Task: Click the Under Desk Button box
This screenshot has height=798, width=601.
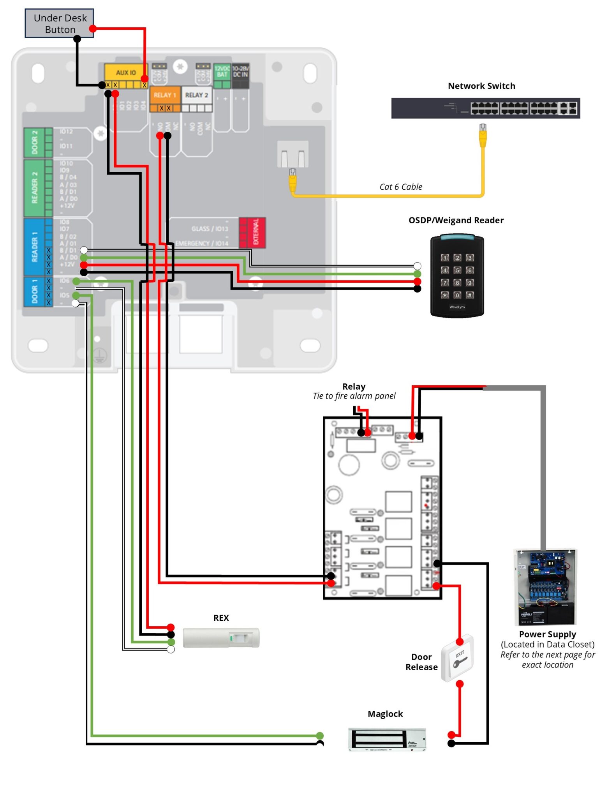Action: (x=59, y=23)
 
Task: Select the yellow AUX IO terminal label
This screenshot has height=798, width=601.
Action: (x=125, y=73)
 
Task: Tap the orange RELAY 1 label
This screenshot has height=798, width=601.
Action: (x=165, y=95)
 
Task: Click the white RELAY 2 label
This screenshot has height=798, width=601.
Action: (x=196, y=95)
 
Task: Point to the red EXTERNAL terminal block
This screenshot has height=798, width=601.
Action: (x=252, y=233)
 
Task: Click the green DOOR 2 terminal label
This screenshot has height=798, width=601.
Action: (x=34, y=142)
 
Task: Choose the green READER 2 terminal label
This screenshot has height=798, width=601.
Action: (x=34, y=187)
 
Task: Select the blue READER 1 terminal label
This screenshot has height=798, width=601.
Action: (x=34, y=247)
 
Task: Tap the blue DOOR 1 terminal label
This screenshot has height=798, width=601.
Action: (x=34, y=291)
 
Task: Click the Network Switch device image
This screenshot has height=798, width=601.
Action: (x=485, y=108)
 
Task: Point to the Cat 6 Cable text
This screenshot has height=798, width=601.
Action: (x=400, y=187)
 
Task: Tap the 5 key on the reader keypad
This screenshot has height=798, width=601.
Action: (x=457, y=270)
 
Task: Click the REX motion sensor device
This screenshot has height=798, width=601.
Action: (x=221, y=638)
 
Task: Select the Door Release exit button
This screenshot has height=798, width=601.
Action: (x=457, y=658)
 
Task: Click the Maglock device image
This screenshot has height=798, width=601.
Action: (x=387, y=739)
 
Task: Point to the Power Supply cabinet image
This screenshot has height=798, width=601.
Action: (x=545, y=587)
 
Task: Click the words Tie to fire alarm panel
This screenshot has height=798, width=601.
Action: (x=354, y=396)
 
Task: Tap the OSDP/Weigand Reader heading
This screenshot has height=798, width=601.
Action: (x=456, y=221)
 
